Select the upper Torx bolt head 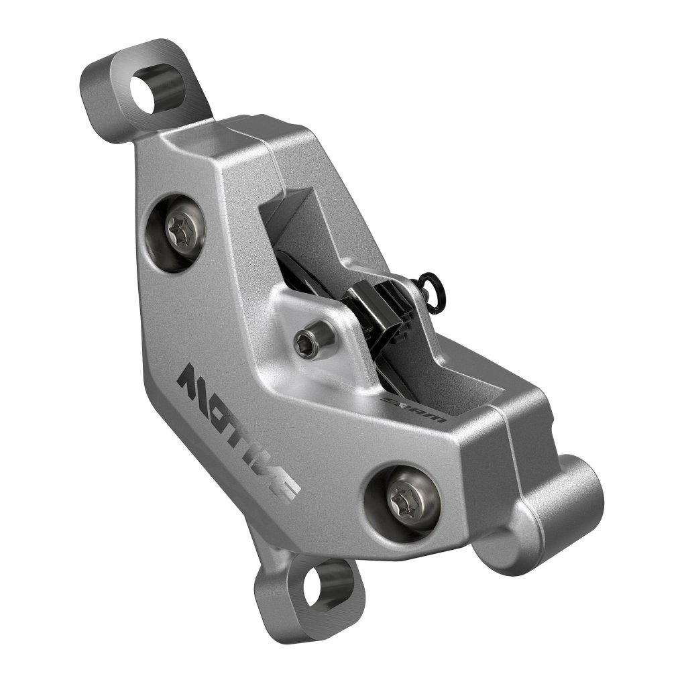point(180,233)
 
